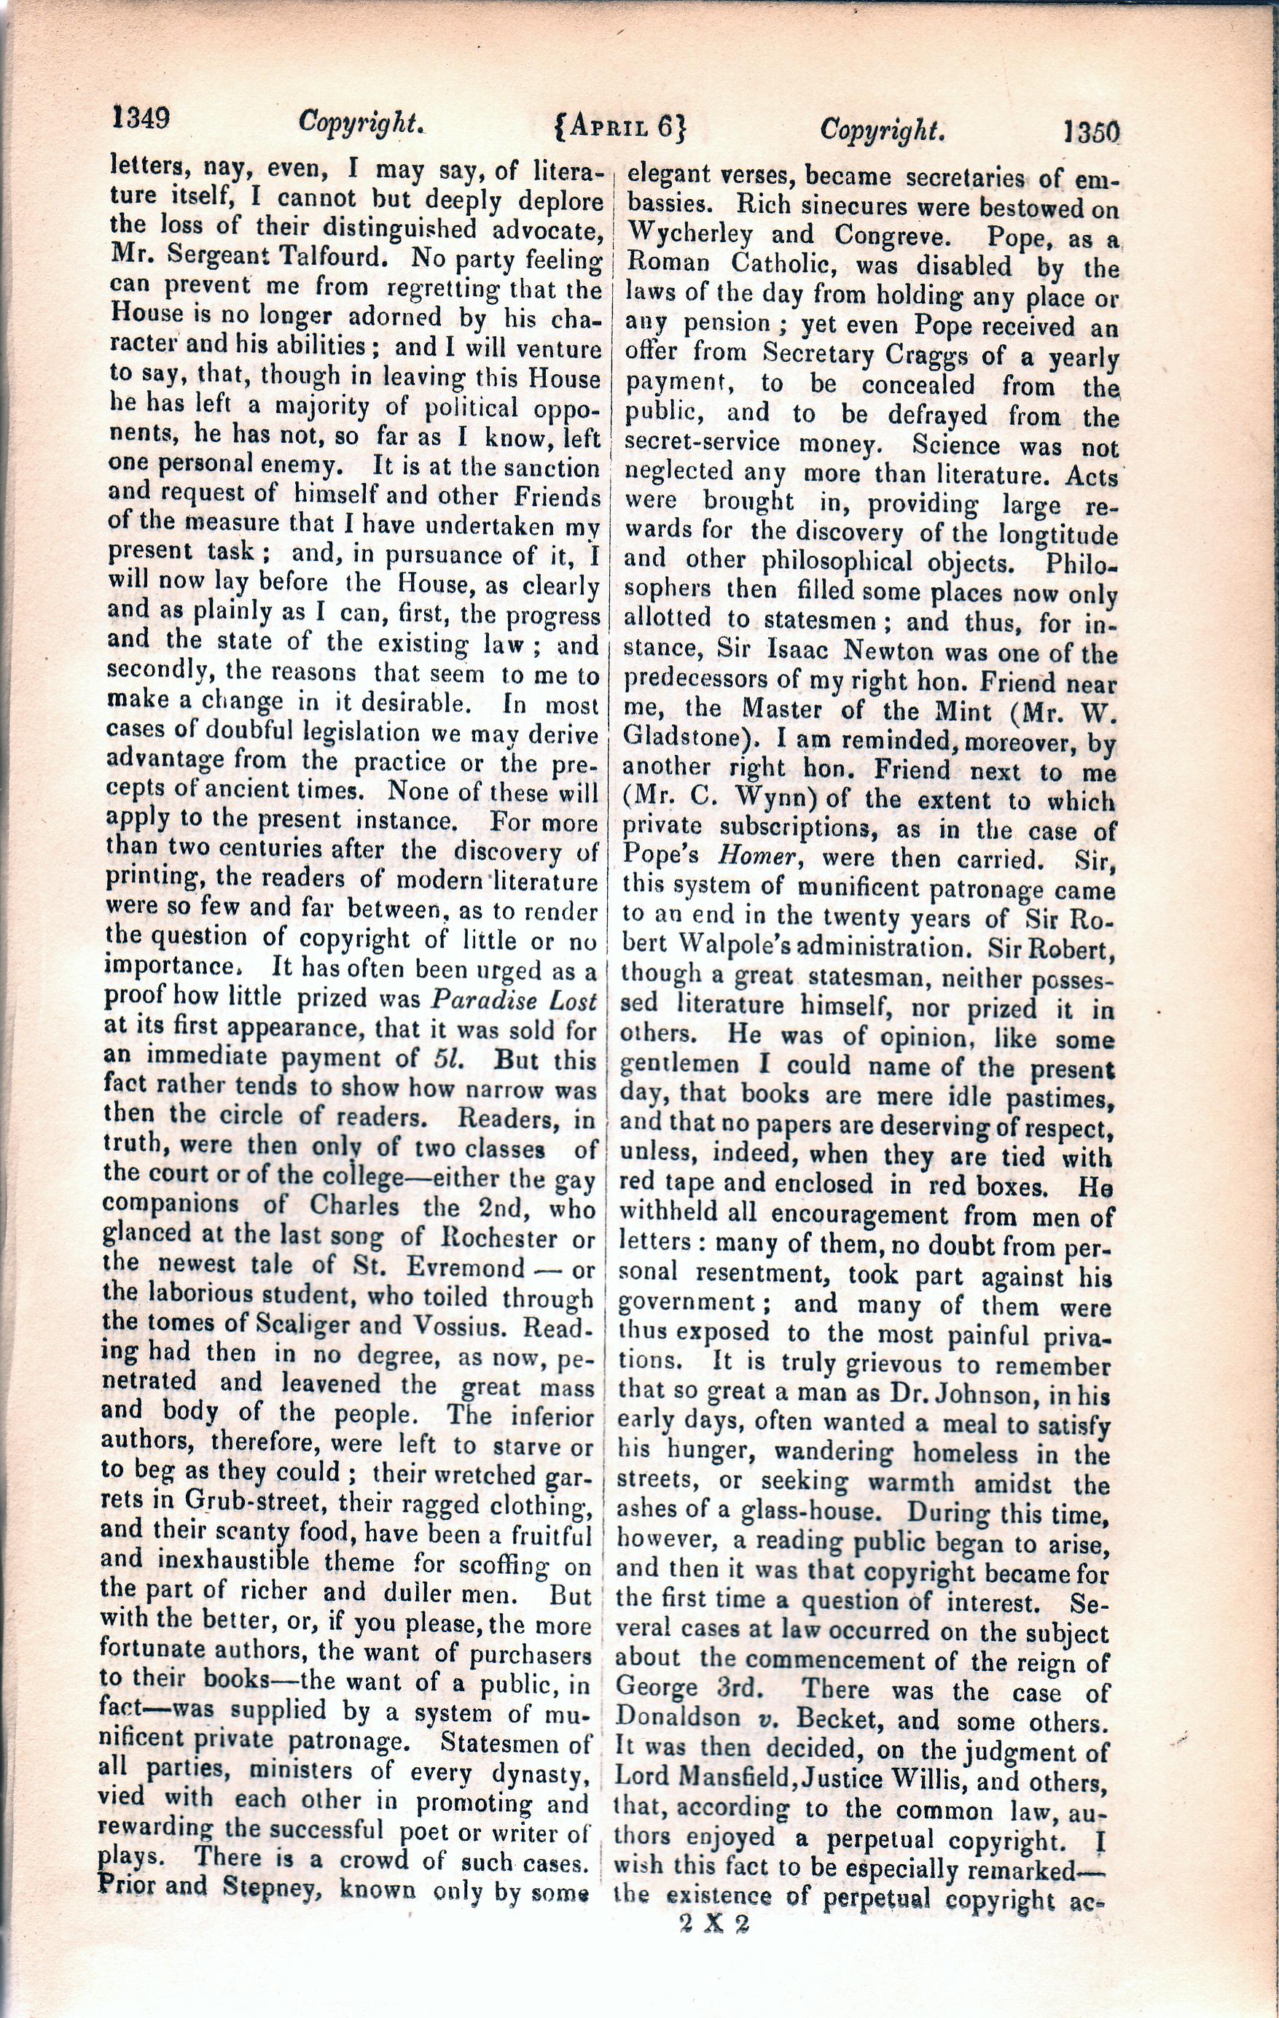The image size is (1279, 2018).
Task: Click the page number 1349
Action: tap(141, 118)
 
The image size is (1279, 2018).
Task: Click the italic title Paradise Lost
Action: tap(515, 1001)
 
